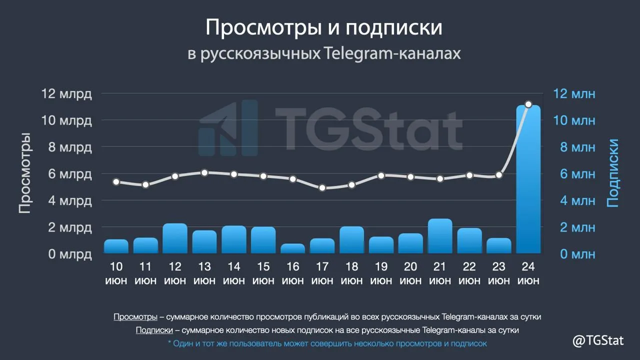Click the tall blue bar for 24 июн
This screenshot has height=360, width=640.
click(528, 179)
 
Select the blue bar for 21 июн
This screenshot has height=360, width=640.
click(440, 236)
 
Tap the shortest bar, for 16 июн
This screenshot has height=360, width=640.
click(293, 248)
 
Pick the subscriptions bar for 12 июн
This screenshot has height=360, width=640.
click(175, 238)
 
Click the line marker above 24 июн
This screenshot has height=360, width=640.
click(528, 104)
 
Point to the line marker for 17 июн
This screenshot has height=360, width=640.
click(322, 187)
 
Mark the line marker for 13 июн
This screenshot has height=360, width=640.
click(204, 172)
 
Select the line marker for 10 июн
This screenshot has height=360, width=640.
click(116, 181)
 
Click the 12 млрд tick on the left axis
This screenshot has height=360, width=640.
click(66, 93)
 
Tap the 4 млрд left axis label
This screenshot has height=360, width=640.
click(70, 201)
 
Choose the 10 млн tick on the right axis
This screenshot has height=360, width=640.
click(574, 120)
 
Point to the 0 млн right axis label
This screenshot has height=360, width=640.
click(577, 254)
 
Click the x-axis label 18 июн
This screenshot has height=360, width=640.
click(351, 273)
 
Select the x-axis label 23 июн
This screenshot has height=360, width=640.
click(499, 273)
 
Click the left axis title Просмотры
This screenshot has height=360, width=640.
click(25, 173)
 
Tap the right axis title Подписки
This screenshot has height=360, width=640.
click(612, 173)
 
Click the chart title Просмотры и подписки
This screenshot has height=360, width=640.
click(323, 27)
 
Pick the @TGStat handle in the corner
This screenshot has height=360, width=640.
click(598, 340)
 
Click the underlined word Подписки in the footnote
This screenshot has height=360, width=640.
click(154, 330)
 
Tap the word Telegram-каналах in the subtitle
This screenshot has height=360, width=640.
click(393, 53)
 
